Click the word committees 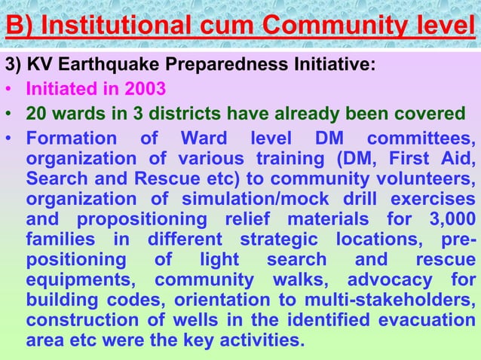coord(421,140)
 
